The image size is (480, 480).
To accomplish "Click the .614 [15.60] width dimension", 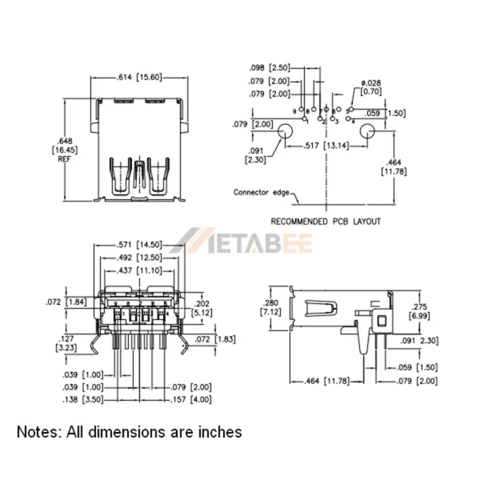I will [x=138, y=77].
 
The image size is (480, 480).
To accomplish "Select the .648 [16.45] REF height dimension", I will [x=63, y=149].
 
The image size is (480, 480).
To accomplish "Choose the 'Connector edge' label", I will [x=262, y=192].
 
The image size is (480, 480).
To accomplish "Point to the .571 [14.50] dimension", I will [x=141, y=244].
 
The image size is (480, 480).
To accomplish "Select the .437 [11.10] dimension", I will [x=141, y=270].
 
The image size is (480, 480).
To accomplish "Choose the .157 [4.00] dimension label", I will [x=190, y=398].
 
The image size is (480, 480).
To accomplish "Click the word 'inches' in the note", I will [x=215, y=432].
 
